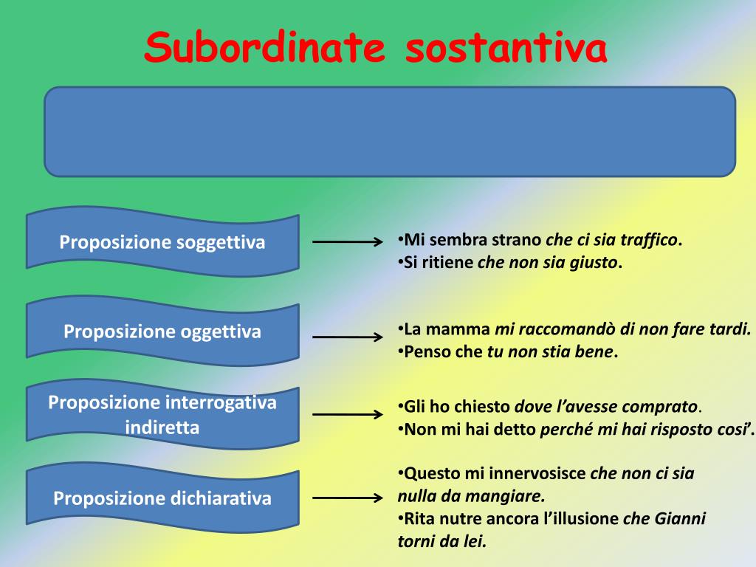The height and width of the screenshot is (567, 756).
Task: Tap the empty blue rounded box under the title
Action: click(390, 131)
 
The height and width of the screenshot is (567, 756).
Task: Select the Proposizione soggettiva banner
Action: click(162, 242)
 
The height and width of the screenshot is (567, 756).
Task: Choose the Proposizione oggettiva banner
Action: click(162, 331)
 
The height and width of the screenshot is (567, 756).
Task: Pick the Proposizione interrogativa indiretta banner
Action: click(162, 415)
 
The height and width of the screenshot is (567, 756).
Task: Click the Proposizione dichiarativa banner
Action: click(162, 498)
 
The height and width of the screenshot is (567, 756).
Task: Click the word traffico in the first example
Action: click(649, 240)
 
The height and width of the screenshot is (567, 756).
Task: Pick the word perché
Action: click(563, 430)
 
